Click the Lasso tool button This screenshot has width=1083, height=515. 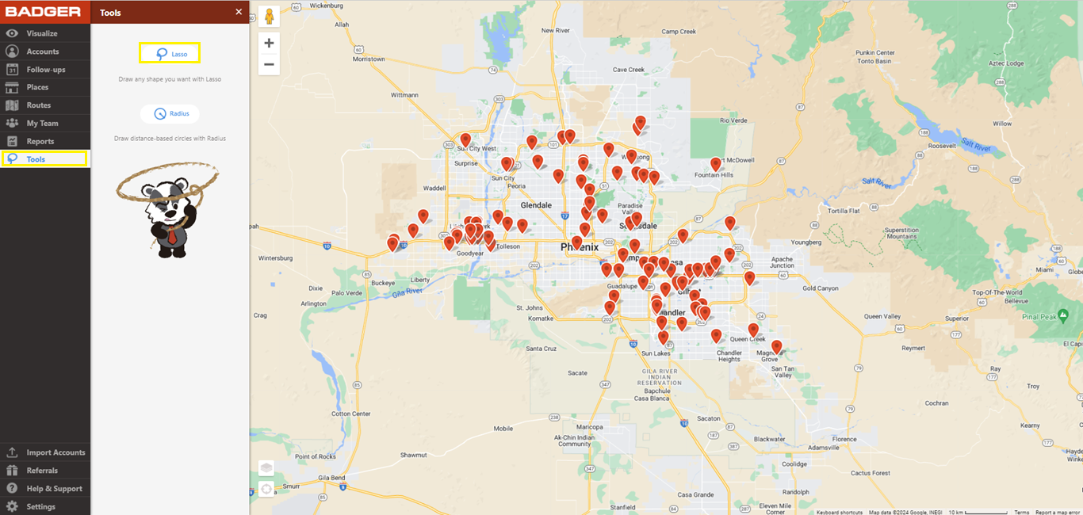click(x=170, y=53)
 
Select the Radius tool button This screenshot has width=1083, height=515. click(x=170, y=113)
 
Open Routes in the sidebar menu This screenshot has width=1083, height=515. click(x=38, y=105)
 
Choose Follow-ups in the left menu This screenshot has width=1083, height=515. click(x=45, y=70)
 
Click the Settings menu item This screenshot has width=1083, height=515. click(x=40, y=506)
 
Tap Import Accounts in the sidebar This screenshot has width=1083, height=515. click(x=55, y=452)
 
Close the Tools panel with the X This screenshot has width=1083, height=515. click(x=239, y=12)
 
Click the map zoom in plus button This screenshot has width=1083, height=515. click(x=269, y=43)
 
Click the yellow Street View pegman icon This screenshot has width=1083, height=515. click(x=269, y=17)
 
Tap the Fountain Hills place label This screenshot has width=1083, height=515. click(x=714, y=175)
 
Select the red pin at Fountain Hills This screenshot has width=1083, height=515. click(x=716, y=164)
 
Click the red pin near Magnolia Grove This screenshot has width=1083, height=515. click(x=777, y=346)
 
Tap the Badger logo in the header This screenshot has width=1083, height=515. click(x=44, y=12)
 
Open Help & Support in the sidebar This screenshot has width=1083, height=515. click(x=54, y=488)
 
